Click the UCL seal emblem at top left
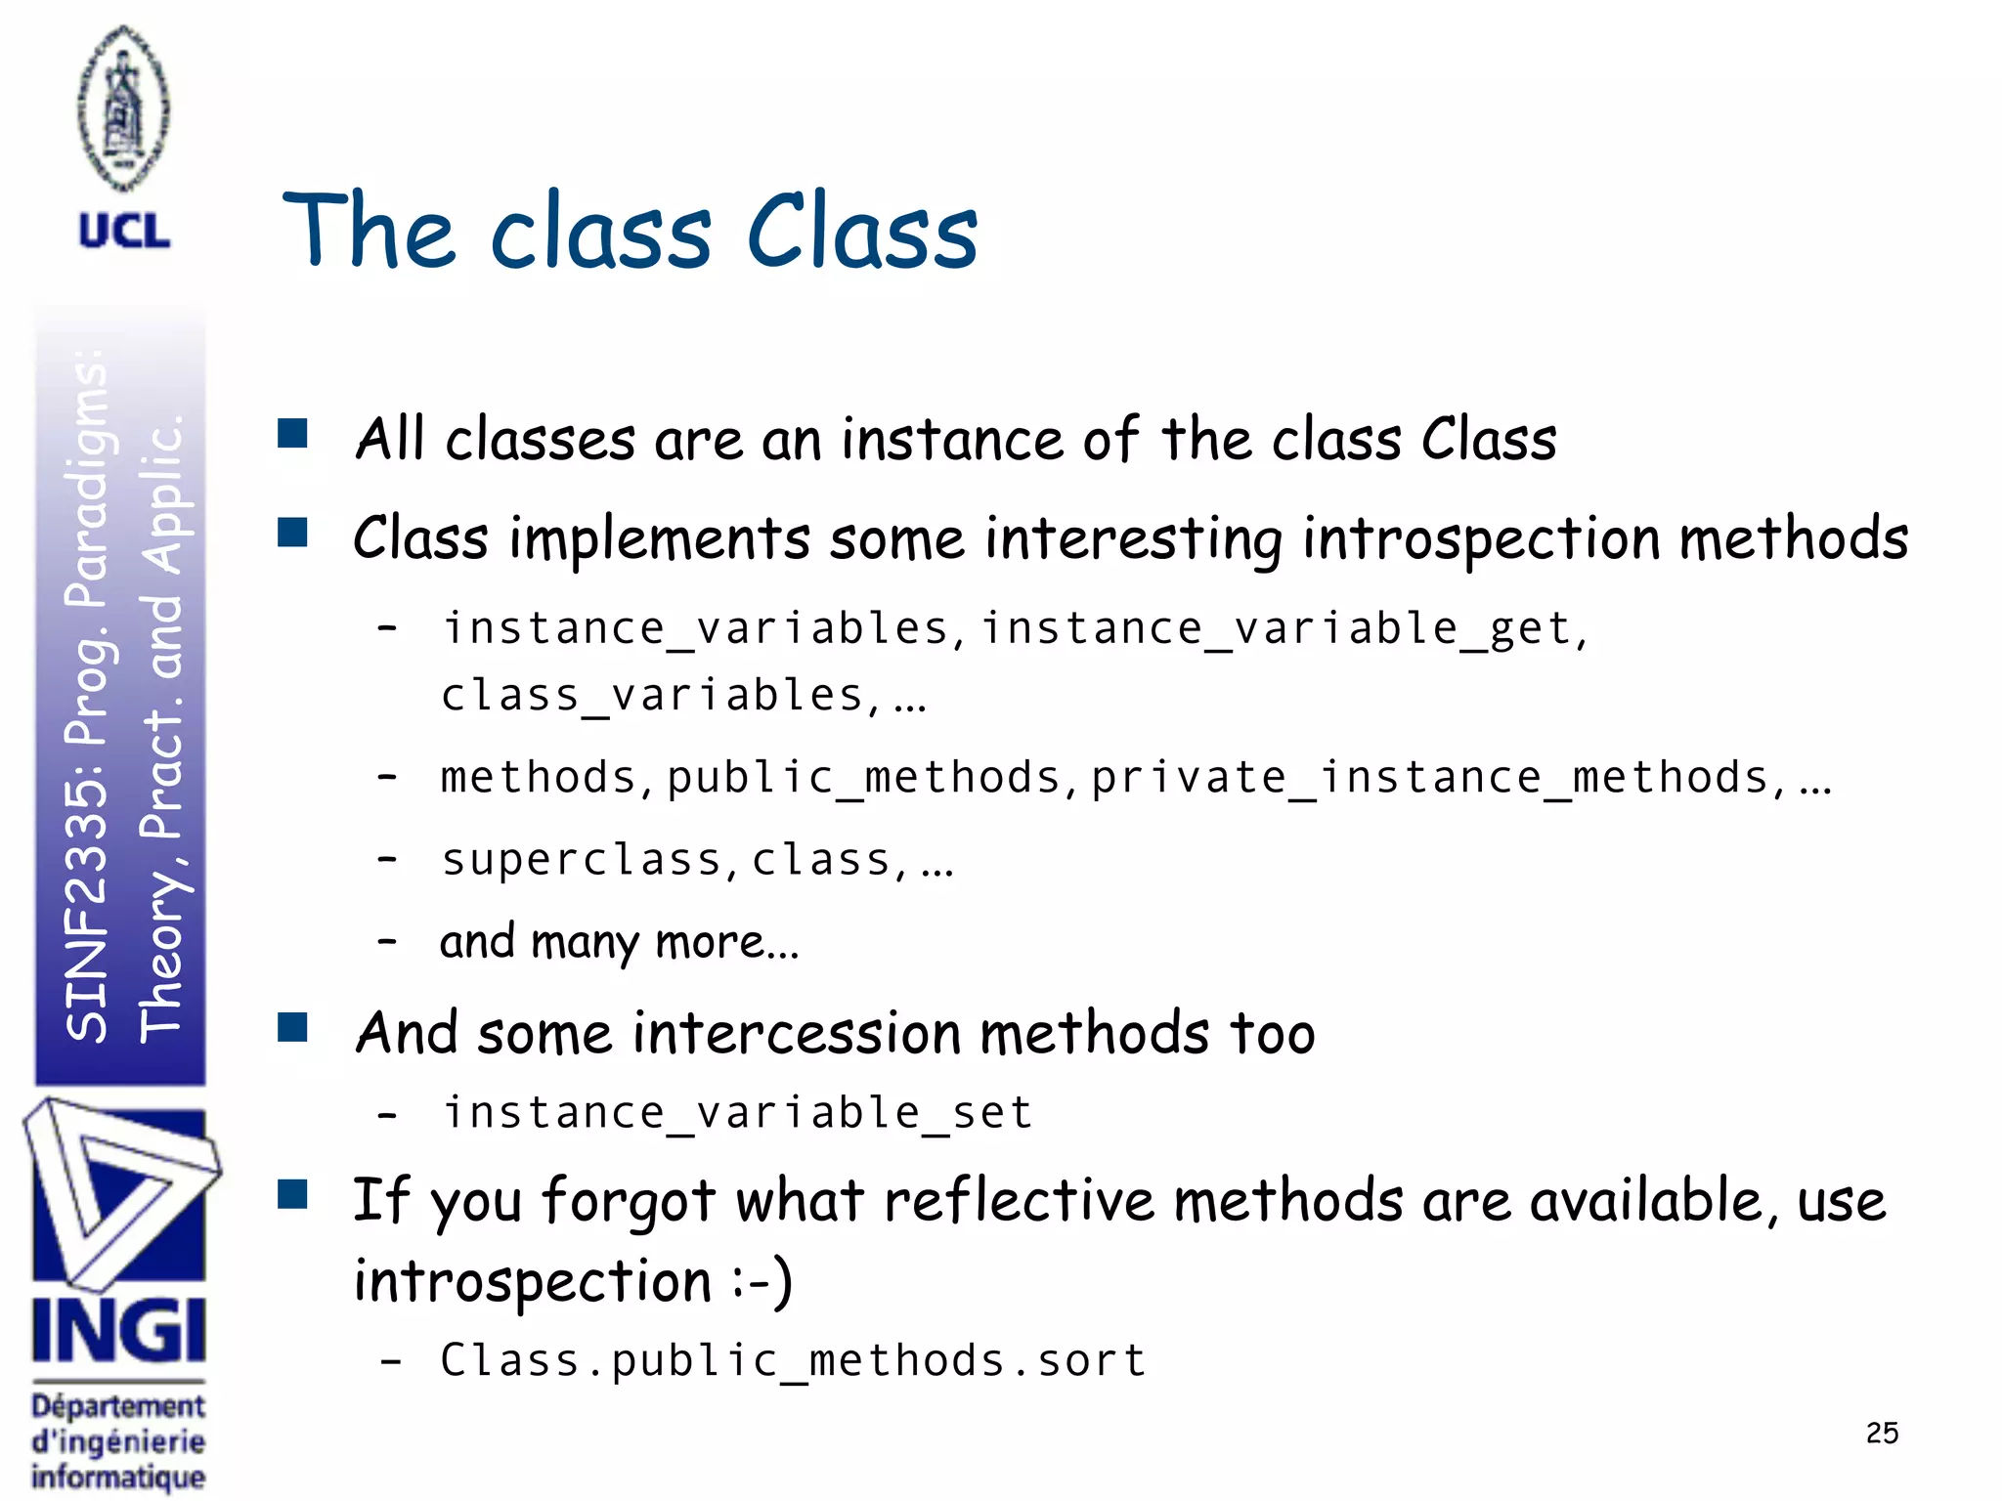point(123,108)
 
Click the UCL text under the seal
point(124,233)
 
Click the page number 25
point(1882,1433)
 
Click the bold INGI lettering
point(118,1331)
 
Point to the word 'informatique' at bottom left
point(118,1476)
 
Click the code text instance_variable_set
point(738,1113)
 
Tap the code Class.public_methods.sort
point(793,1360)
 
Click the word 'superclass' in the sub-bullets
point(582,860)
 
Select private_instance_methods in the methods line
point(1429,778)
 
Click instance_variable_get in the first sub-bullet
point(1275,628)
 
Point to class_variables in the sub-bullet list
point(652,696)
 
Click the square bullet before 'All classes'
point(292,433)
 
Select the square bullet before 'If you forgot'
point(292,1194)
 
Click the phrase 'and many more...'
point(619,942)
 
